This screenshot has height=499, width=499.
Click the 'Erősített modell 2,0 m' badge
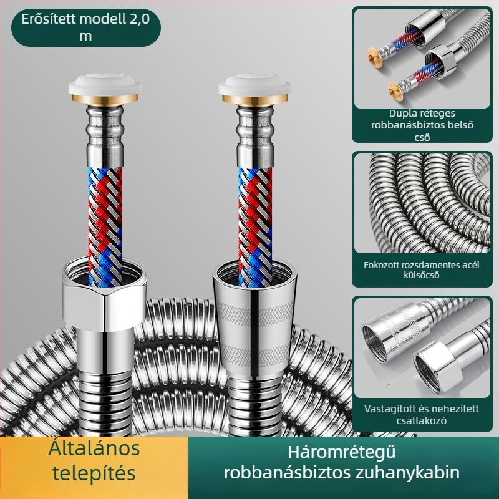point(86,27)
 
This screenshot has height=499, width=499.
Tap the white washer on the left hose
point(104,84)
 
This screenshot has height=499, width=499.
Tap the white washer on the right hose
point(254,84)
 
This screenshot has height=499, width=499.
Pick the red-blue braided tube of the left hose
point(105,226)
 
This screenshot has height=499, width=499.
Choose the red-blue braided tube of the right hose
point(255,226)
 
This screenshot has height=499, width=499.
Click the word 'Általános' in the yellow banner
point(94,448)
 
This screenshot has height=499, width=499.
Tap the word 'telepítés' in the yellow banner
point(94,473)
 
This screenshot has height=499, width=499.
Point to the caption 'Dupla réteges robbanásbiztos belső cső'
point(422,125)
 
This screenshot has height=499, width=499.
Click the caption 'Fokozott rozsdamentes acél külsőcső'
point(422,269)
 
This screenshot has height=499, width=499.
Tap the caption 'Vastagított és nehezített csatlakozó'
point(422,414)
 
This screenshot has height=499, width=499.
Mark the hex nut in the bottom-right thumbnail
point(437,366)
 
